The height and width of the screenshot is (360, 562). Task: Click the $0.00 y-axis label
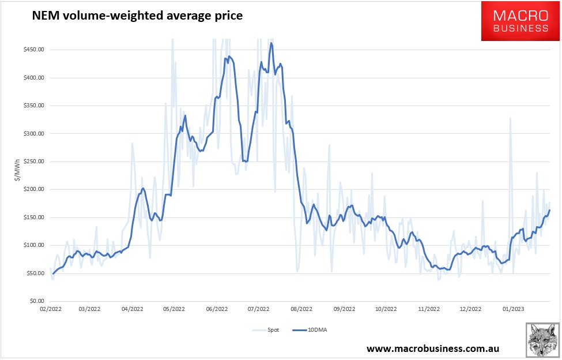tap(36, 301)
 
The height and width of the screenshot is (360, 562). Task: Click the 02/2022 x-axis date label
tap(48, 309)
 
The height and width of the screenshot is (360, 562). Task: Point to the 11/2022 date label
tap(428, 309)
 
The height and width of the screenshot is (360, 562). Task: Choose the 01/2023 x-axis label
tap(512, 309)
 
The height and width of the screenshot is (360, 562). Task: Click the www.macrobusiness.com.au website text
tap(432, 348)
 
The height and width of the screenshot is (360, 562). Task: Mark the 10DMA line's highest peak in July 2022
tap(271, 43)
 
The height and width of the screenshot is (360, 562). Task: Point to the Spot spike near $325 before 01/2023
tap(510, 118)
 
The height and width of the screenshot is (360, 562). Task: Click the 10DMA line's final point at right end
tap(550, 210)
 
